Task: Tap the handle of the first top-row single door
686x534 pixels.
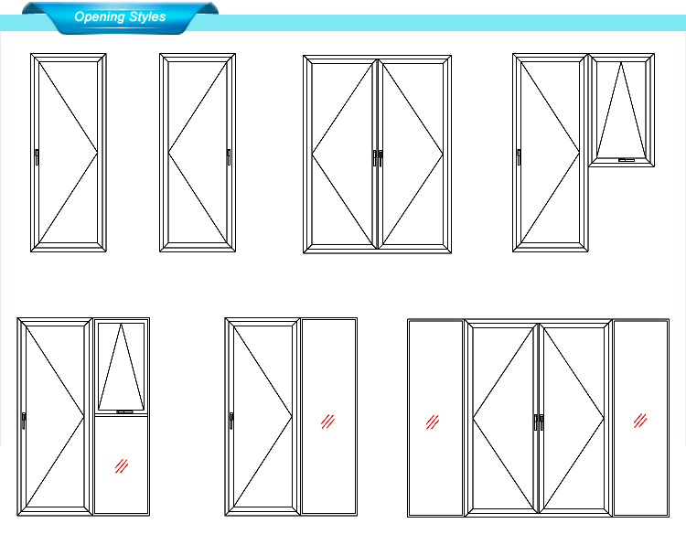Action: click(37, 157)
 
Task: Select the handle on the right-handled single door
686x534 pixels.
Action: click(229, 157)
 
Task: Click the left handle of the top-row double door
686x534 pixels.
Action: click(374, 158)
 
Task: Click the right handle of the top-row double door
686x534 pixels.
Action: click(381, 158)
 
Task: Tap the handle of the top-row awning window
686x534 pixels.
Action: click(626, 160)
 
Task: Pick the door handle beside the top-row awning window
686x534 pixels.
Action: click(519, 157)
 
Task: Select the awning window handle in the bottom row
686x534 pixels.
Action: click(124, 412)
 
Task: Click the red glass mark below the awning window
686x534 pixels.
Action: click(121, 465)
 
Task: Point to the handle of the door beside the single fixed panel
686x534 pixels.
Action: click(231, 421)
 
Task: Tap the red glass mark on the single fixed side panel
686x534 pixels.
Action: click(327, 422)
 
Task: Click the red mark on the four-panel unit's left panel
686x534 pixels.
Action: click(433, 422)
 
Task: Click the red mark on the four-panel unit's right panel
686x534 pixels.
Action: click(640, 421)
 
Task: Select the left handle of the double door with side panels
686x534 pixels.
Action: click(536, 422)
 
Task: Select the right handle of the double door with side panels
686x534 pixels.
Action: click(541, 422)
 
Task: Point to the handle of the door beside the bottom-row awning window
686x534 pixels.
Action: click(24, 421)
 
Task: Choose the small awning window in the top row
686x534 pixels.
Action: click(622, 111)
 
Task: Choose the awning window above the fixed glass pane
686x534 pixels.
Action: click(121, 368)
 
